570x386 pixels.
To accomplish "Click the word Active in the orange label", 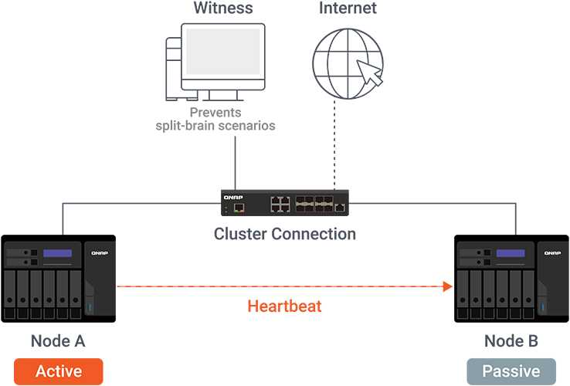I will (59, 371).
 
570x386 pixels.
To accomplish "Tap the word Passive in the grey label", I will (511, 371).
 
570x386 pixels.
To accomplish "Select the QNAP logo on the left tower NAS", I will (99, 252).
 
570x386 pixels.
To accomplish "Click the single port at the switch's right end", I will (340, 208).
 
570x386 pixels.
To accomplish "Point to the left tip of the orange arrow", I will (117, 285).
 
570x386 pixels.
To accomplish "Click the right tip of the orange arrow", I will (453, 285).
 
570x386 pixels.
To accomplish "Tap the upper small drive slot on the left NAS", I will (21, 252).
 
